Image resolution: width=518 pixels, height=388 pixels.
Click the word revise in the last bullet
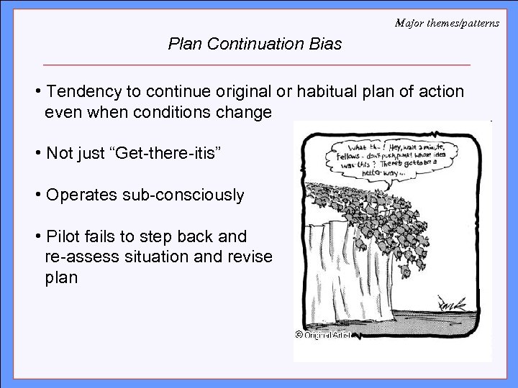click(x=251, y=257)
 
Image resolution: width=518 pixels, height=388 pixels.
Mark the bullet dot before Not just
click(x=37, y=154)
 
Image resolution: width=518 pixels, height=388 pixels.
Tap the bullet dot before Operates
click(x=37, y=195)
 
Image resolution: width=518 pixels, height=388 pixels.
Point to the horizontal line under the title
click(x=256, y=65)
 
